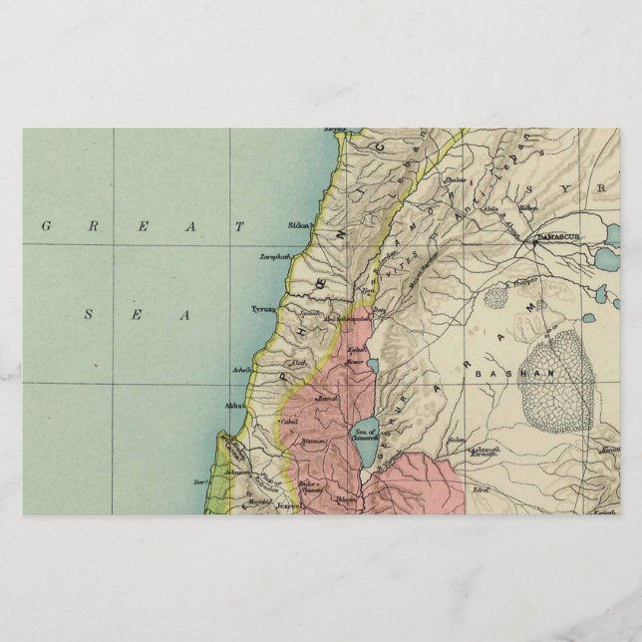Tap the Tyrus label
tap(263, 310)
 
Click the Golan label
tap(456, 440)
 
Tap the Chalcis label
tap(455, 180)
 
